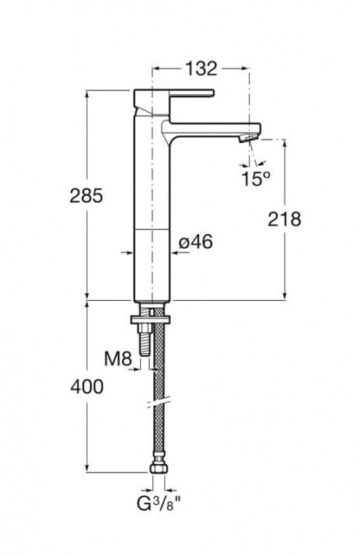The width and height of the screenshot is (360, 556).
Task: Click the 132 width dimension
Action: [x=201, y=68]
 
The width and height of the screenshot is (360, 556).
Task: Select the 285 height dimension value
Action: [x=86, y=195]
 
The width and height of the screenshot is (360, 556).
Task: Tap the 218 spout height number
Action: [x=284, y=219]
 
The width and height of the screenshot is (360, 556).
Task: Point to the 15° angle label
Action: [x=256, y=178]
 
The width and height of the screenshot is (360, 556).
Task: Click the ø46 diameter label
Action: [x=196, y=242]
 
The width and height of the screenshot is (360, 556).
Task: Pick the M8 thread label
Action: [x=118, y=358]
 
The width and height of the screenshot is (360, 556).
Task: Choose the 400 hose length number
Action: [x=87, y=386]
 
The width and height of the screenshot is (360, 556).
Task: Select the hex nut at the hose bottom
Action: [x=159, y=468]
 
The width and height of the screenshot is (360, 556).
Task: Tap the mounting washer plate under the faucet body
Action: [x=152, y=320]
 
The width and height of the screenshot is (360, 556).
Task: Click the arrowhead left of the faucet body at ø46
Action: [x=129, y=253]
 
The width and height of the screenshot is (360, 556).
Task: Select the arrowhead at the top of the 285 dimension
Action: [x=87, y=96]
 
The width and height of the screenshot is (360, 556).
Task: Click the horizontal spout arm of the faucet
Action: [x=213, y=128]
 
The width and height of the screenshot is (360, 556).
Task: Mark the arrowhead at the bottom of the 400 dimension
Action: [x=87, y=467]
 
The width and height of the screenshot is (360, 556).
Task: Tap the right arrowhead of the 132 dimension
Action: [x=244, y=68]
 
